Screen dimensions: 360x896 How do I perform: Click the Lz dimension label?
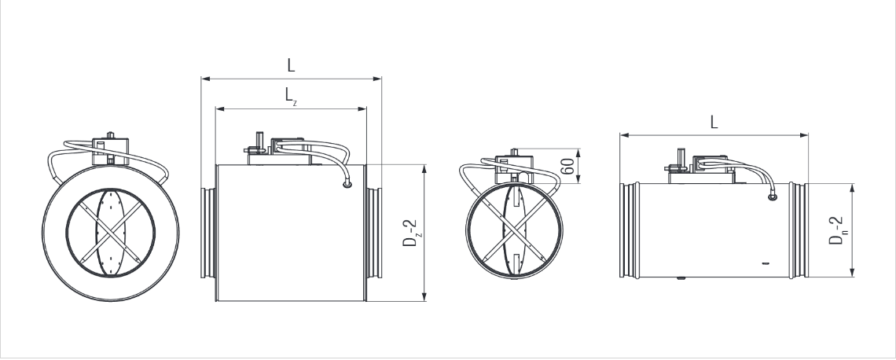pyautogui.click(x=290, y=96)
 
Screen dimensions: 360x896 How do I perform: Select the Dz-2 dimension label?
pyautogui.click(x=409, y=232)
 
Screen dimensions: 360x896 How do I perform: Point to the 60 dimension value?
pyautogui.click(x=566, y=166)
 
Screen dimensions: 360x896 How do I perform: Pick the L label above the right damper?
pyautogui.click(x=714, y=122)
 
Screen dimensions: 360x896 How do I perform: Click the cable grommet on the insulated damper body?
pyautogui.click(x=347, y=185)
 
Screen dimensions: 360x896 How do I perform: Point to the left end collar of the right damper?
pyautogui.click(x=630, y=230)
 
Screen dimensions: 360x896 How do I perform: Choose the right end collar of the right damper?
pyautogui.click(x=799, y=230)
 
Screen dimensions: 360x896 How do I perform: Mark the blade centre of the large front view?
pyautogui.click(x=111, y=233)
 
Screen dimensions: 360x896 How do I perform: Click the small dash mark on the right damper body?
pyautogui.click(x=765, y=263)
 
